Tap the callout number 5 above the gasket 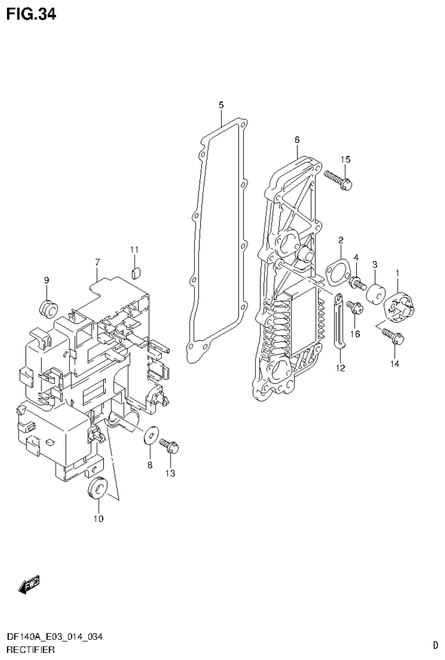coord(221,105)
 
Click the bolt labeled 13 coord(170,446)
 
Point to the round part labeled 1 coord(399,306)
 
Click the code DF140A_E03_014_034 coord(55,637)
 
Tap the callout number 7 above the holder coord(97,262)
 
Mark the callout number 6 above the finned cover coord(296,140)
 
